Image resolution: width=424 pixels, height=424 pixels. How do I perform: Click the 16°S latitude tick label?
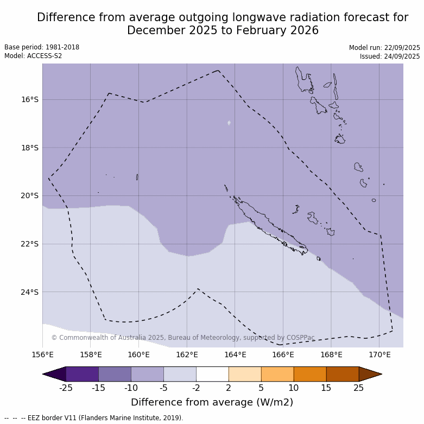(x=30, y=99)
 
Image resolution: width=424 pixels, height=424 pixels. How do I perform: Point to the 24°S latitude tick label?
(x=30, y=292)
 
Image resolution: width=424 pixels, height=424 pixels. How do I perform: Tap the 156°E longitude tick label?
(x=42, y=355)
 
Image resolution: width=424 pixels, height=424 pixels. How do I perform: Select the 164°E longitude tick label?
(x=235, y=355)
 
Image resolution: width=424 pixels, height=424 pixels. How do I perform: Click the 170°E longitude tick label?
(x=379, y=355)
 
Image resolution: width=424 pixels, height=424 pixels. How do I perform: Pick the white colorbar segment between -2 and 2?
(x=212, y=374)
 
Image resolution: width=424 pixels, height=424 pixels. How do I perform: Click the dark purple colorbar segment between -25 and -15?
(x=82, y=374)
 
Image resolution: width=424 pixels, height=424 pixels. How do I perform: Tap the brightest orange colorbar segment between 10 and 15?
(x=310, y=374)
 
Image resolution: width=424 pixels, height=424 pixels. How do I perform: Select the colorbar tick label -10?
(x=131, y=388)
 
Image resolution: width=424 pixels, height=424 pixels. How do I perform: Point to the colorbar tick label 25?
(x=359, y=388)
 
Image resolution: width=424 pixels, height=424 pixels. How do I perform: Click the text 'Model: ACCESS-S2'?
(x=33, y=56)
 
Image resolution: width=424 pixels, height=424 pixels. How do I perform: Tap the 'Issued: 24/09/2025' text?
(x=389, y=56)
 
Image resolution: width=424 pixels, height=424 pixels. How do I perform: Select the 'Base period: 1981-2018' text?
(x=42, y=47)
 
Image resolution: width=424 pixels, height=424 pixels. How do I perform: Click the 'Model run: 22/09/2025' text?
(x=384, y=48)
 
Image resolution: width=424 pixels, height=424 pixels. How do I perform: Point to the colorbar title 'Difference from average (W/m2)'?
(x=212, y=402)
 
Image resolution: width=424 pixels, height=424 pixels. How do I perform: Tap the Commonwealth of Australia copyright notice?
(x=183, y=338)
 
